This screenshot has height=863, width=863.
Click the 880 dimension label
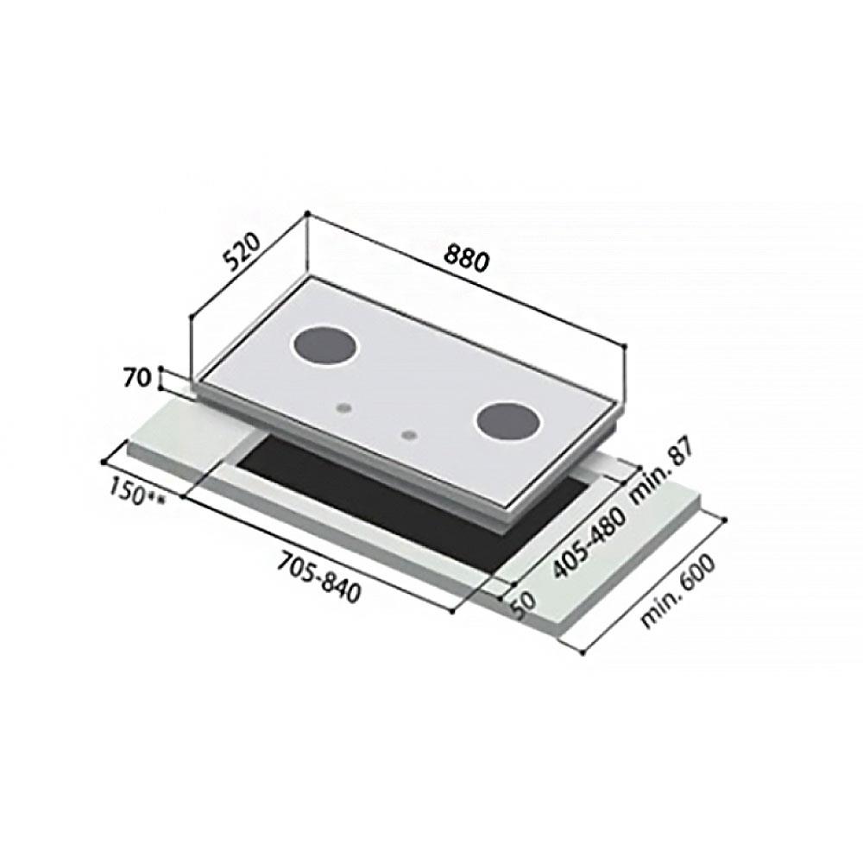467,258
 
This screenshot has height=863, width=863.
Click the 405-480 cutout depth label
588,541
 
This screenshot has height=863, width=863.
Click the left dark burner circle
325,349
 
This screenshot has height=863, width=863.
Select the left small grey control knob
344,406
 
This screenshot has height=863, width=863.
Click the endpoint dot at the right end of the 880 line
624,346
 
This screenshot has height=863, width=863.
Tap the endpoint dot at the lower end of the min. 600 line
583,653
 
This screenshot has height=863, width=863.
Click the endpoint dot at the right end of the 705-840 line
452,612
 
